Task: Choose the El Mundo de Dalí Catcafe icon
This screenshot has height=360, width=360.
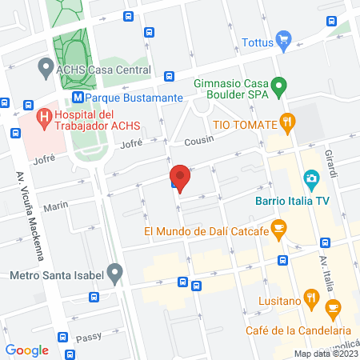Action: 278,230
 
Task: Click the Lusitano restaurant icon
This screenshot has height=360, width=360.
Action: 313,300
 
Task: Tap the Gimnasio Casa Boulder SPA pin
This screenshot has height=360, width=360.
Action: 278,83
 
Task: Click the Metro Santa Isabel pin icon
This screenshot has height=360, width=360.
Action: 116,276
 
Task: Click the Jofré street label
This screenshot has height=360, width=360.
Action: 130,144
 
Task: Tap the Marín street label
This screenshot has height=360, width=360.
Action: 56,207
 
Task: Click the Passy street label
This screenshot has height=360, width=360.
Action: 90,338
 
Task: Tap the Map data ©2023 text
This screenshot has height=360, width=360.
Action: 325,354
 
